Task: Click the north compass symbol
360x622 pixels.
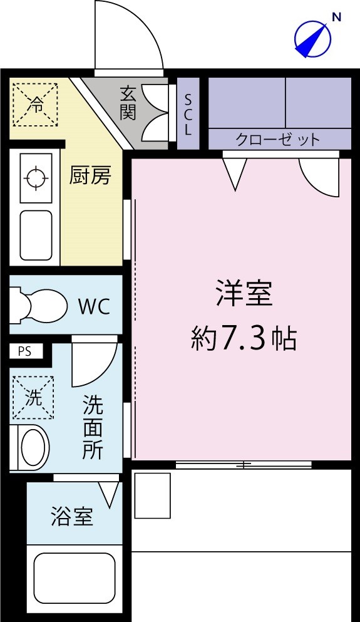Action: [312, 38]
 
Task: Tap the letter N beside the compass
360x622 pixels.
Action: [336, 18]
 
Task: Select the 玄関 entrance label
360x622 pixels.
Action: [128, 103]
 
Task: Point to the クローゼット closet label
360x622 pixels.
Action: [278, 139]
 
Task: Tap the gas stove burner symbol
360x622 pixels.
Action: [36, 178]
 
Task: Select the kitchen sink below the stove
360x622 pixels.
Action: [36, 234]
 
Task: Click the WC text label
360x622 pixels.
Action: [94, 307]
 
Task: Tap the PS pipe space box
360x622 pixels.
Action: [24, 351]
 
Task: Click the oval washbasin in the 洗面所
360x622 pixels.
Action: [33, 447]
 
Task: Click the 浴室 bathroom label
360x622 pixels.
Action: [72, 517]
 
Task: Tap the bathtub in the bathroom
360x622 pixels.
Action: [73, 579]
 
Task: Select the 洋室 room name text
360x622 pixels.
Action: [244, 293]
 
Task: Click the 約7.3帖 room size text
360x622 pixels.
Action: [244, 339]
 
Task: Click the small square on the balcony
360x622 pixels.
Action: [152, 495]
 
